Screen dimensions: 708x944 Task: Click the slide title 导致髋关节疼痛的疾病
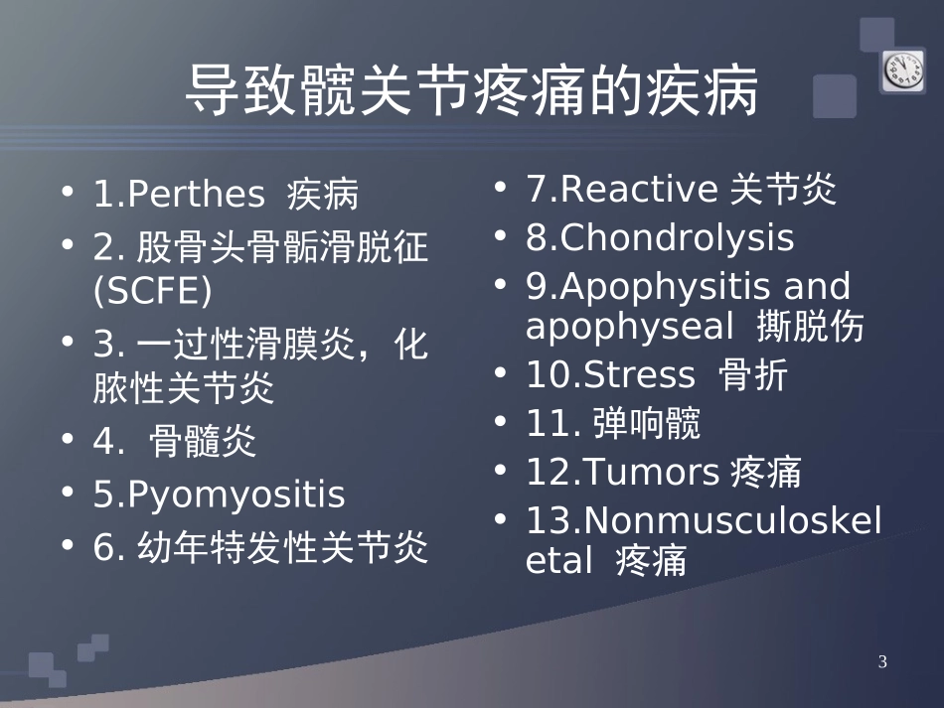[x=472, y=93]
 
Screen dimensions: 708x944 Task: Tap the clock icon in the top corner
[x=902, y=70]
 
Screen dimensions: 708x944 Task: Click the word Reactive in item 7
[x=639, y=189]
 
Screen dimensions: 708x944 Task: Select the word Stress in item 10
[x=640, y=375]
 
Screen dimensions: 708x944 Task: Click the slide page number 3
[x=882, y=662]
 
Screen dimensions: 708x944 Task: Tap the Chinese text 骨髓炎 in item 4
[x=203, y=442]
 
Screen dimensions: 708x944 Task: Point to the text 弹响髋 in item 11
[x=646, y=424]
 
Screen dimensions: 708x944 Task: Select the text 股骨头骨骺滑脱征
[x=282, y=246]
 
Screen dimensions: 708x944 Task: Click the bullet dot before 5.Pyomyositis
[x=68, y=495]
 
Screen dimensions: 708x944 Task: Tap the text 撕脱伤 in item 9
[x=810, y=327]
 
